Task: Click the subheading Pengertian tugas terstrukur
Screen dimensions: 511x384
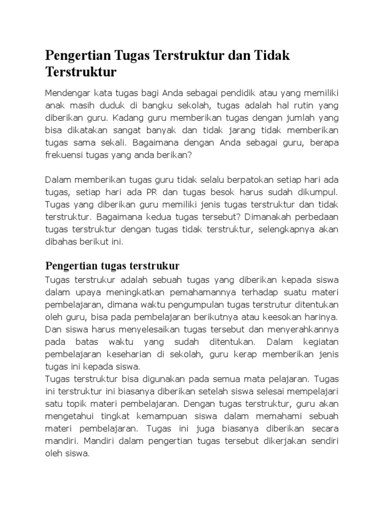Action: pos(112,264)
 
